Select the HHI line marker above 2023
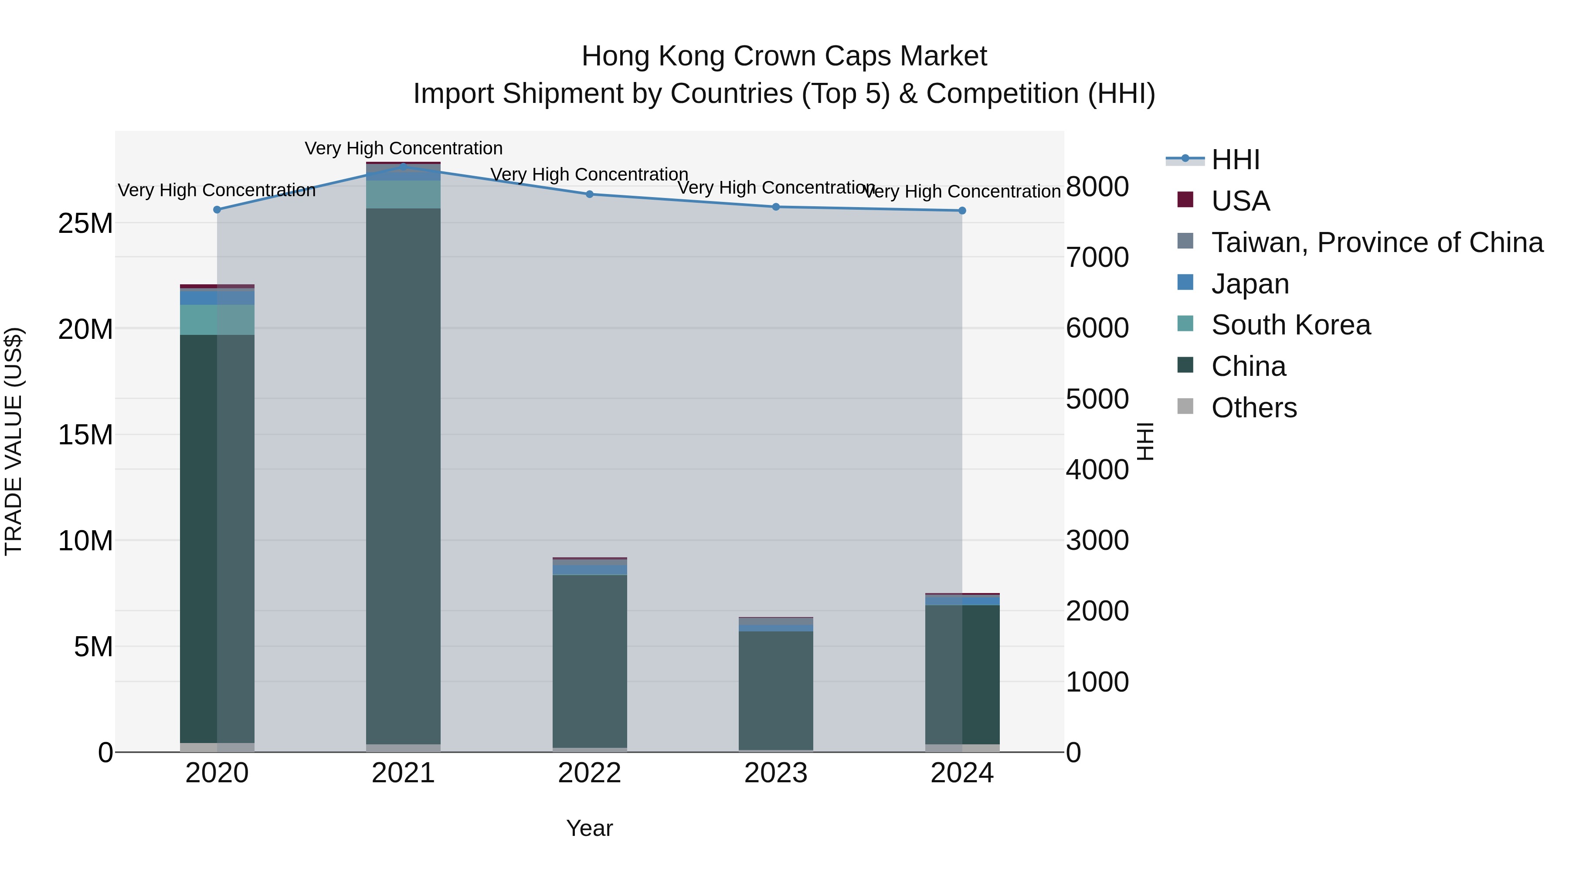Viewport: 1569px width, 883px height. click(x=776, y=207)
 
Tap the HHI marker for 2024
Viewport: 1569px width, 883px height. click(x=962, y=211)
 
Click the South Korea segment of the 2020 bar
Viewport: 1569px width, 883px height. click(x=217, y=320)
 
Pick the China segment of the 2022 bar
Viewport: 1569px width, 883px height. click(x=590, y=661)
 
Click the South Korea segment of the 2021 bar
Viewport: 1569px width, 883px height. click(x=403, y=194)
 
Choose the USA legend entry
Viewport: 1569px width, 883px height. click(x=1240, y=201)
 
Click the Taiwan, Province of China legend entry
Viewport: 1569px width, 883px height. click(x=1376, y=242)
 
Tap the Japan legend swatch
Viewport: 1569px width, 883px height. click(x=1185, y=283)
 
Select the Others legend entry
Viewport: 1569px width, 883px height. click(x=1253, y=408)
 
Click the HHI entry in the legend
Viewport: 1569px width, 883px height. click(x=1235, y=160)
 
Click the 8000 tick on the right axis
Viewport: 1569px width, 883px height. click(x=1097, y=187)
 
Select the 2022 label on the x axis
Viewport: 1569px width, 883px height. click(x=590, y=773)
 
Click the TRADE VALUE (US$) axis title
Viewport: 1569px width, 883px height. click(x=14, y=441)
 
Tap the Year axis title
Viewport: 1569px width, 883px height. click(x=590, y=828)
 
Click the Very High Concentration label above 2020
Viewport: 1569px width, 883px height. click(x=217, y=190)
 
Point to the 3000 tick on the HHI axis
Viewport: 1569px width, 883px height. click(x=1097, y=541)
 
